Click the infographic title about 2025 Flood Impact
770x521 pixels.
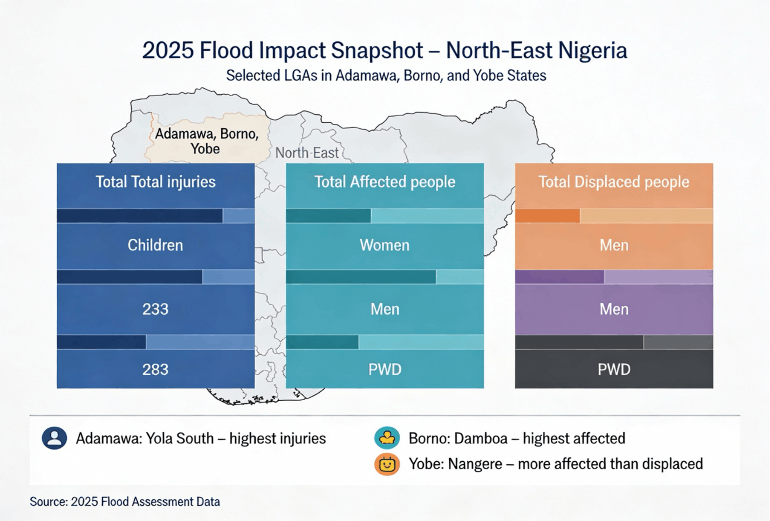[x=384, y=51]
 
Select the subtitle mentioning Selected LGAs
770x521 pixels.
[x=386, y=76]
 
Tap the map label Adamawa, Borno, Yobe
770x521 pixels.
[x=206, y=141]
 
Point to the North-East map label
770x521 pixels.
[x=307, y=153]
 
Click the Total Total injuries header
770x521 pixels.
[x=155, y=182]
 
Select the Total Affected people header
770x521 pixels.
[x=384, y=182]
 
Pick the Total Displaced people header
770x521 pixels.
[x=614, y=182]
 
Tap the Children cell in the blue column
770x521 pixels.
[x=155, y=245]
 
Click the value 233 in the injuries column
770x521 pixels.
[x=155, y=309]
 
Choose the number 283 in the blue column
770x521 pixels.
[x=155, y=369]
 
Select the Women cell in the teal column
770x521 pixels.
[x=384, y=245]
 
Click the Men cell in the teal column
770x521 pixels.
[x=384, y=309]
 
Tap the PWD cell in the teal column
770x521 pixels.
[x=384, y=369]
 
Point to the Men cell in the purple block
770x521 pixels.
[x=614, y=309]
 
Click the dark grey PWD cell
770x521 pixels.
[x=614, y=369]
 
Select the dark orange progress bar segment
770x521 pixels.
[x=547, y=216]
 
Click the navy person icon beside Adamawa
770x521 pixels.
[x=54, y=438]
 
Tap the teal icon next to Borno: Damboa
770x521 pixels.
[x=387, y=438]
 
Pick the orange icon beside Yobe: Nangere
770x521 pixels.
[x=387, y=464]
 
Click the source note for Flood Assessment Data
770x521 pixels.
[x=125, y=502]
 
